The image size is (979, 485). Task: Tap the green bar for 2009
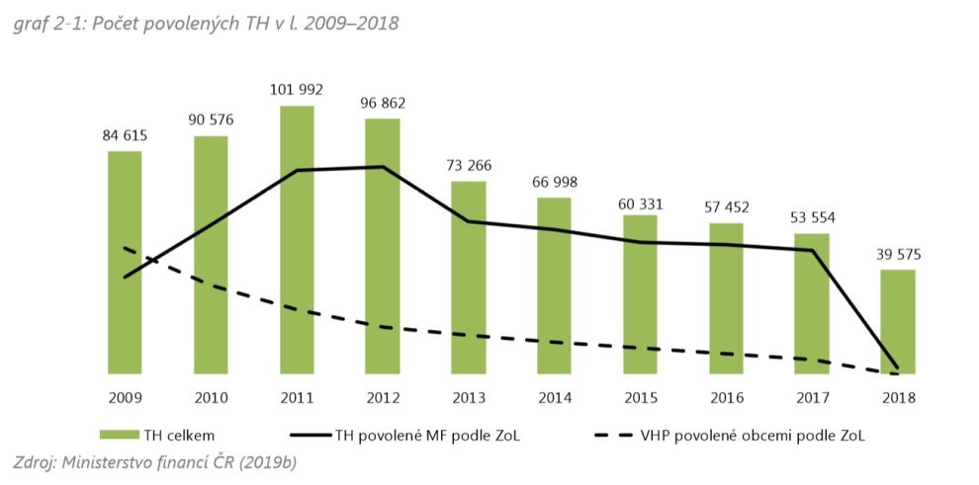click(x=125, y=262)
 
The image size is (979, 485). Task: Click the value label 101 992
click(x=297, y=90)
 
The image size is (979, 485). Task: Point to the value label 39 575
click(x=897, y=254)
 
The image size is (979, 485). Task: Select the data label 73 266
click(x=468, y=165)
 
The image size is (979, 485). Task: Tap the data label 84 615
click(x=125, y=135)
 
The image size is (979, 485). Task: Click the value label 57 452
click(x=726, y=207)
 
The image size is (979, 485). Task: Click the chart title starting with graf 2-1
click(x=206, y=23)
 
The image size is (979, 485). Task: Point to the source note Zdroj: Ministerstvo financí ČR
click(x=153, y=461)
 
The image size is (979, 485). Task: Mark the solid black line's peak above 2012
click(x=383, y=167)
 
